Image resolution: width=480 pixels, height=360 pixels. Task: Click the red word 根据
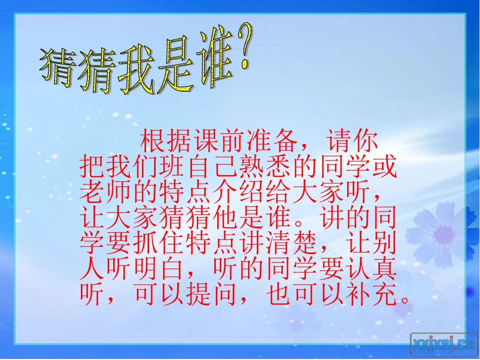click(x=166, y=142)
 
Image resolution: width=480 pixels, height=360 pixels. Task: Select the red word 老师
click(x=107, y=192)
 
